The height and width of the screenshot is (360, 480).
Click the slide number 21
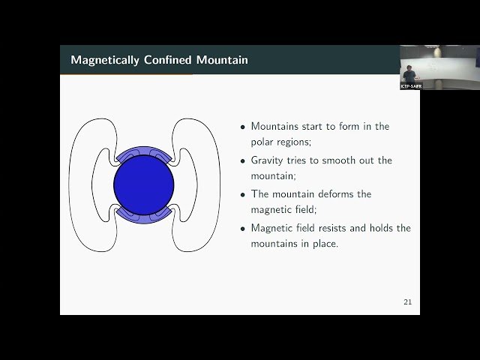[x=407, y=302]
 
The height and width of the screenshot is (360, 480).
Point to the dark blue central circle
[x=144, y=185]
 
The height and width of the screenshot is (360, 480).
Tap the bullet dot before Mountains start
[x=242, y=127]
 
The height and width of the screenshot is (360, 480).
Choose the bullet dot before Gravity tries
[x=242, y=161]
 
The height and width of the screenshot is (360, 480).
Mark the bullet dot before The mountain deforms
[x=242, y=195]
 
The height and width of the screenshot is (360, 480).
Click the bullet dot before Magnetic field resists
[x=242, y=229]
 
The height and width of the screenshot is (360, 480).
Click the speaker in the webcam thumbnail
[x=409, y=73]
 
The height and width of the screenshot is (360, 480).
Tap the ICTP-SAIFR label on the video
[x=411, y=86]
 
